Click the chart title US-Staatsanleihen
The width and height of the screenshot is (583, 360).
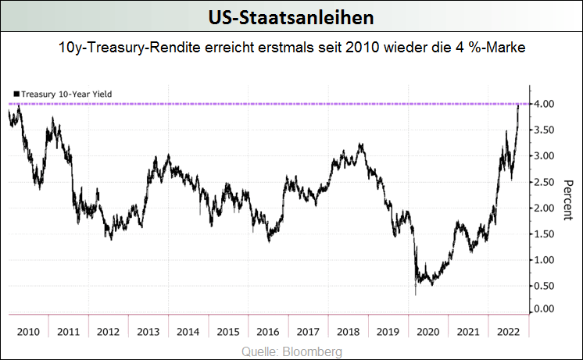click(x=291, y=16)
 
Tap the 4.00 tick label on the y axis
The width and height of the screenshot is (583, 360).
click(x=545, y=104)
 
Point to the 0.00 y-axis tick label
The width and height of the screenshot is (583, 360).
click(x=545, y=309)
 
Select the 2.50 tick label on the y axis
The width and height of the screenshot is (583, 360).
click(x=545, y=181)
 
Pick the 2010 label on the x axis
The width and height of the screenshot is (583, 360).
click(x=28, y=332)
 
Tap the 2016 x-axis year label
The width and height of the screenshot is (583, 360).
click(x=268, y=332)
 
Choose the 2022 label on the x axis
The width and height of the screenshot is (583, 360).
click(x=508, y=332)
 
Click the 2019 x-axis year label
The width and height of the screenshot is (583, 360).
click(x=388, y=332)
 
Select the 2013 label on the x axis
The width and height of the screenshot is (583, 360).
click(x=148, y=332)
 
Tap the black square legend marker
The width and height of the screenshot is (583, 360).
click(x=16, y=94)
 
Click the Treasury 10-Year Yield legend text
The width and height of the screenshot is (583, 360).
click(x=67, y=94)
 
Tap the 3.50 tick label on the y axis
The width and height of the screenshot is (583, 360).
click(x=545, y=130)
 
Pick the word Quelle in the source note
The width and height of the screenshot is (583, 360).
click(x=262, y=352)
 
